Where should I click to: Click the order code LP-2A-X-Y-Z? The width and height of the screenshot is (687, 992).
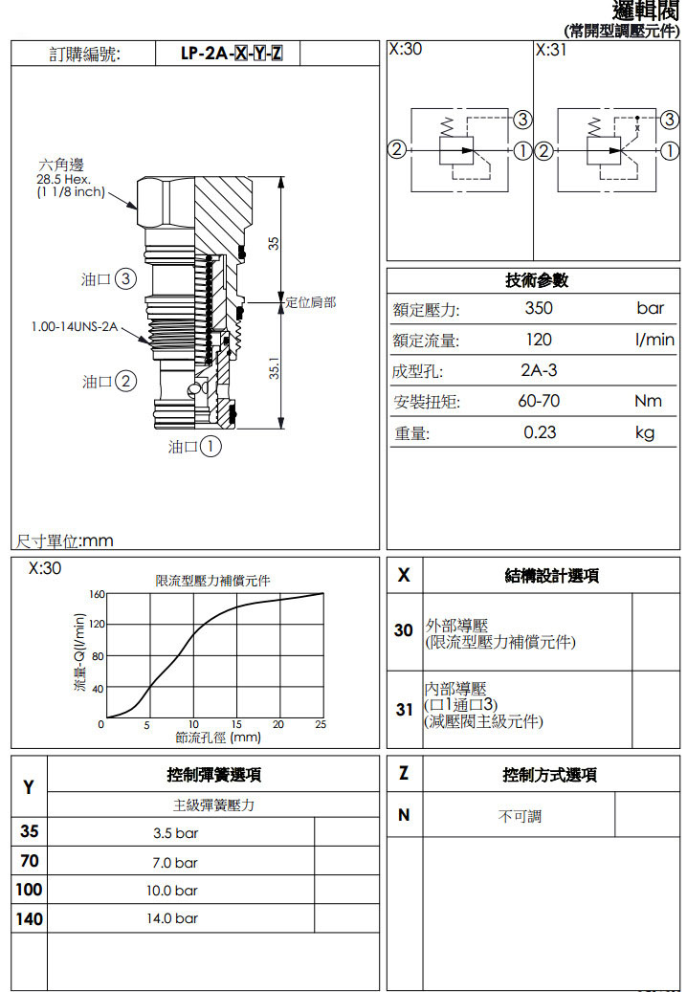point(231,54)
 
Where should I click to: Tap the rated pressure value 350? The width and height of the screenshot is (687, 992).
point(539,308)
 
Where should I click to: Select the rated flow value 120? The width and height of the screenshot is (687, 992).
point(539,340)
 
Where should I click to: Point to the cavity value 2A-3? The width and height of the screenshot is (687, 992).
point(539,371)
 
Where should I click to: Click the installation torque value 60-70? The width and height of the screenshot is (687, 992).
point(539,402)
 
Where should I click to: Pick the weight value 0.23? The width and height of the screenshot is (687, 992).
point(540,432)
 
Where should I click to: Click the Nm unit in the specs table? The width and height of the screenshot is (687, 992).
point(648,402)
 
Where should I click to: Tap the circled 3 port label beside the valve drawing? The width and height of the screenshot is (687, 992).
point(124,279)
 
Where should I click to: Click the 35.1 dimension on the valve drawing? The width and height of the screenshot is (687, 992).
point(274,369)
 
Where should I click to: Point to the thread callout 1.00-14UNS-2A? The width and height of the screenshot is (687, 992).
point(74,327)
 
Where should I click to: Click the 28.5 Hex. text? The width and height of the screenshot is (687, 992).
point(63,179)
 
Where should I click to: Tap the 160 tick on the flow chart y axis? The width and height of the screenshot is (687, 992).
point(97,594)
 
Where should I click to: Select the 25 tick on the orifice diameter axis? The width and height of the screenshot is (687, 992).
point(321,725)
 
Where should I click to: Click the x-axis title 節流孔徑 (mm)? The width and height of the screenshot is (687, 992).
point(218,738)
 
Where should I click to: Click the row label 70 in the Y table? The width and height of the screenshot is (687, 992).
point(29,862)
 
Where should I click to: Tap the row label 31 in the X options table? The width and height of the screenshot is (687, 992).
point(404,710)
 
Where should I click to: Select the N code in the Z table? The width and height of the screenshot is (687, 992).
point(404,815)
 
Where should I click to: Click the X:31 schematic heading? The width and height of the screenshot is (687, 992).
point(551,50)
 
